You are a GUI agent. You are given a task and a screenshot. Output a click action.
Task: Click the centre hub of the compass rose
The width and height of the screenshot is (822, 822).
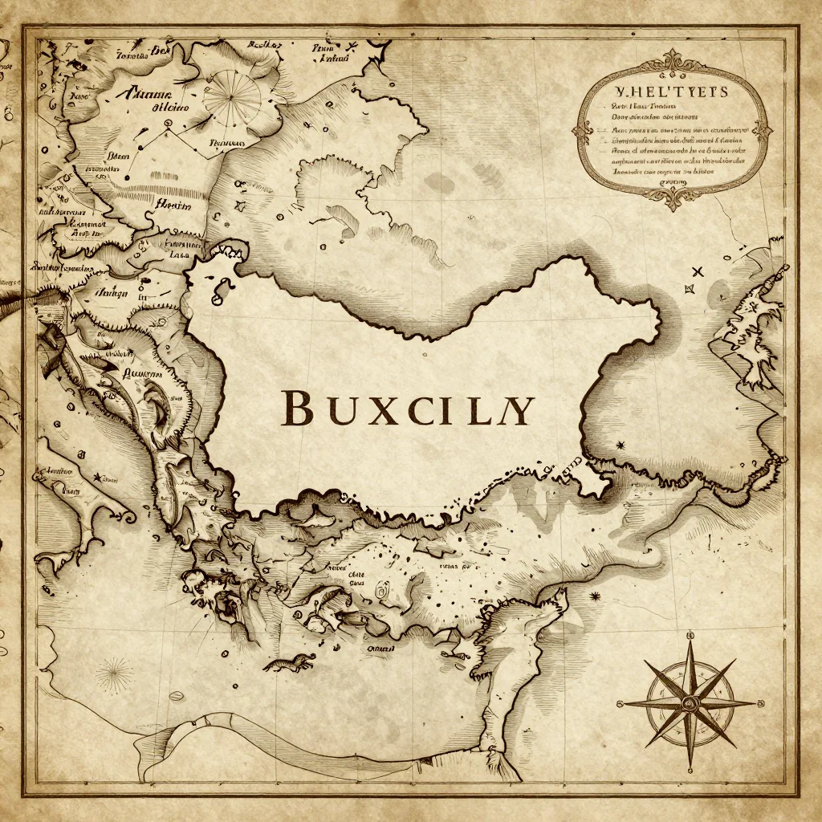[690, 703]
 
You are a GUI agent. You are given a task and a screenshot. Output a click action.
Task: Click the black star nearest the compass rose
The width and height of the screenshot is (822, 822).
[595, 596]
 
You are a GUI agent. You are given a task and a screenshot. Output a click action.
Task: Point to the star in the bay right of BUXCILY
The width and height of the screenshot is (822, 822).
[620, 444]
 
